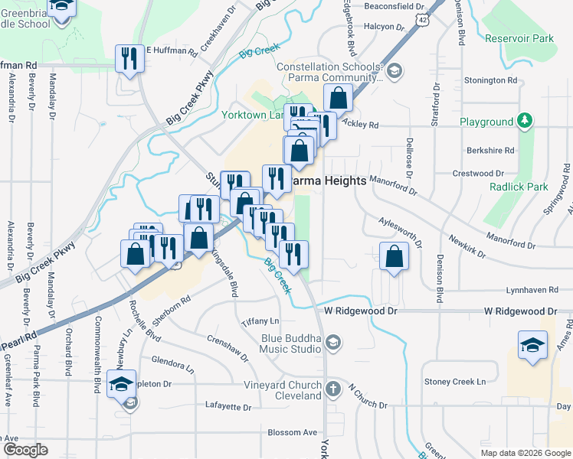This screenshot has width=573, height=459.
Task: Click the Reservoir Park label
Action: click(x=519, y=38)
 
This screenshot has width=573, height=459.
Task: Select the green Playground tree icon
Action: click(x=525, y=121)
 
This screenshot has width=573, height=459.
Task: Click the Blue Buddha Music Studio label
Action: click(x=290, y=344)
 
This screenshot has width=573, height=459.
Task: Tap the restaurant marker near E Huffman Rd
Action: click(x=127, y=58)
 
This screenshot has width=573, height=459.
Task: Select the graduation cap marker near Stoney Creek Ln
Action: click(x=532, y=344)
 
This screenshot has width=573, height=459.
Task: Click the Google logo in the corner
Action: click(x=25, y=449)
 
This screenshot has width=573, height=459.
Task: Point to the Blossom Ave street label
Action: click(x=292, y=432)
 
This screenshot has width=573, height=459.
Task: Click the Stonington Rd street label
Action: click(x=491, y=80)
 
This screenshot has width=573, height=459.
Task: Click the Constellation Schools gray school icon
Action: click(x=394, y=72)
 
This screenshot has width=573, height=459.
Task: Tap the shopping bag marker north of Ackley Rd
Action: click(x=337, y=98)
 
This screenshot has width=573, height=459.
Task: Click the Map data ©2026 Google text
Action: click(x=525, y=453)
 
